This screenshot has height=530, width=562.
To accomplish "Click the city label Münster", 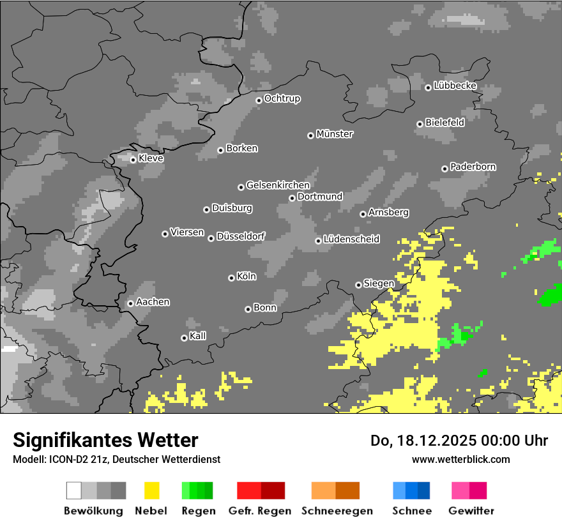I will pos(335,134).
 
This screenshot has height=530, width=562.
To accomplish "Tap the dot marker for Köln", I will pos(231,278).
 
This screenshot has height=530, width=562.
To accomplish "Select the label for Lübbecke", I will pos(455,86).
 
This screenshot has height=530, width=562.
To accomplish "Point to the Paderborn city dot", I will pos(444,169).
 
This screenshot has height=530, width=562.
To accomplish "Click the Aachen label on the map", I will pos(153,302).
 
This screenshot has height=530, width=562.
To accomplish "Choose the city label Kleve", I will pos(151,158).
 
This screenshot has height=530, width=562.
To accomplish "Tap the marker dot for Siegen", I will pos(358,285).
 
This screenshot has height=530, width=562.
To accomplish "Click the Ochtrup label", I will pos(282,99).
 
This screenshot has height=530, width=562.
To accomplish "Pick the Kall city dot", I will pos(184,338).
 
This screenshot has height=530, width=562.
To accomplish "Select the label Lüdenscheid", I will pos(351,239).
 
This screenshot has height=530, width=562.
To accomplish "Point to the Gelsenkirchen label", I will pos(278,185).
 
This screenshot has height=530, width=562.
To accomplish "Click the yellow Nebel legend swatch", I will pos(151,490).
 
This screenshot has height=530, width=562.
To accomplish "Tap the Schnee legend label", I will pos(411,511).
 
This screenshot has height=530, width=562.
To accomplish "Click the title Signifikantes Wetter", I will pos(105,440).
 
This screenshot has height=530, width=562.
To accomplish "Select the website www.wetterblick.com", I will pos(460,459).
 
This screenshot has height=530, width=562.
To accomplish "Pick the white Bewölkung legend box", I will pos(73,490).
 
